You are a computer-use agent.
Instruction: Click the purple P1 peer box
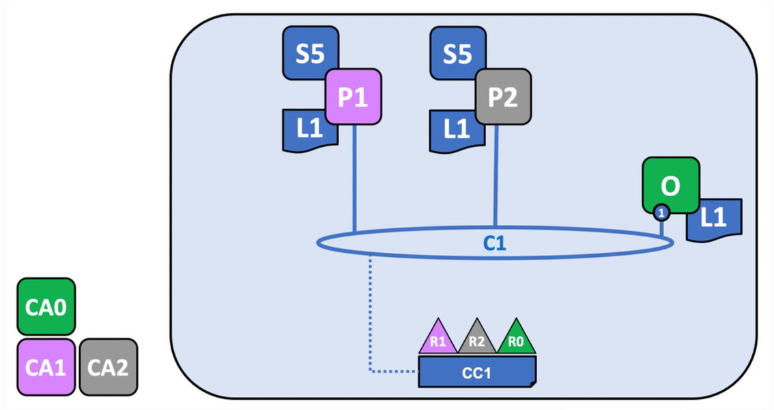coord(353,96)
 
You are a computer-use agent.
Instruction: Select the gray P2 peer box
coord(503,96)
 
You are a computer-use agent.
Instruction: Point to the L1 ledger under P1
coord(304,130)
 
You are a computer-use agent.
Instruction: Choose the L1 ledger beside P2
coord(452,130)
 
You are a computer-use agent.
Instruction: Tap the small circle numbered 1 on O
coord(661,213)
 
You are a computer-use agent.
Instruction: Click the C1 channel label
coord(495,243)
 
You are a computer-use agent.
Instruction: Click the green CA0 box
coord(46,306)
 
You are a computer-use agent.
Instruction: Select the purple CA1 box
coord(46,366)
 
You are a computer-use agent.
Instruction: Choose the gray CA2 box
coord(109,366)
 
